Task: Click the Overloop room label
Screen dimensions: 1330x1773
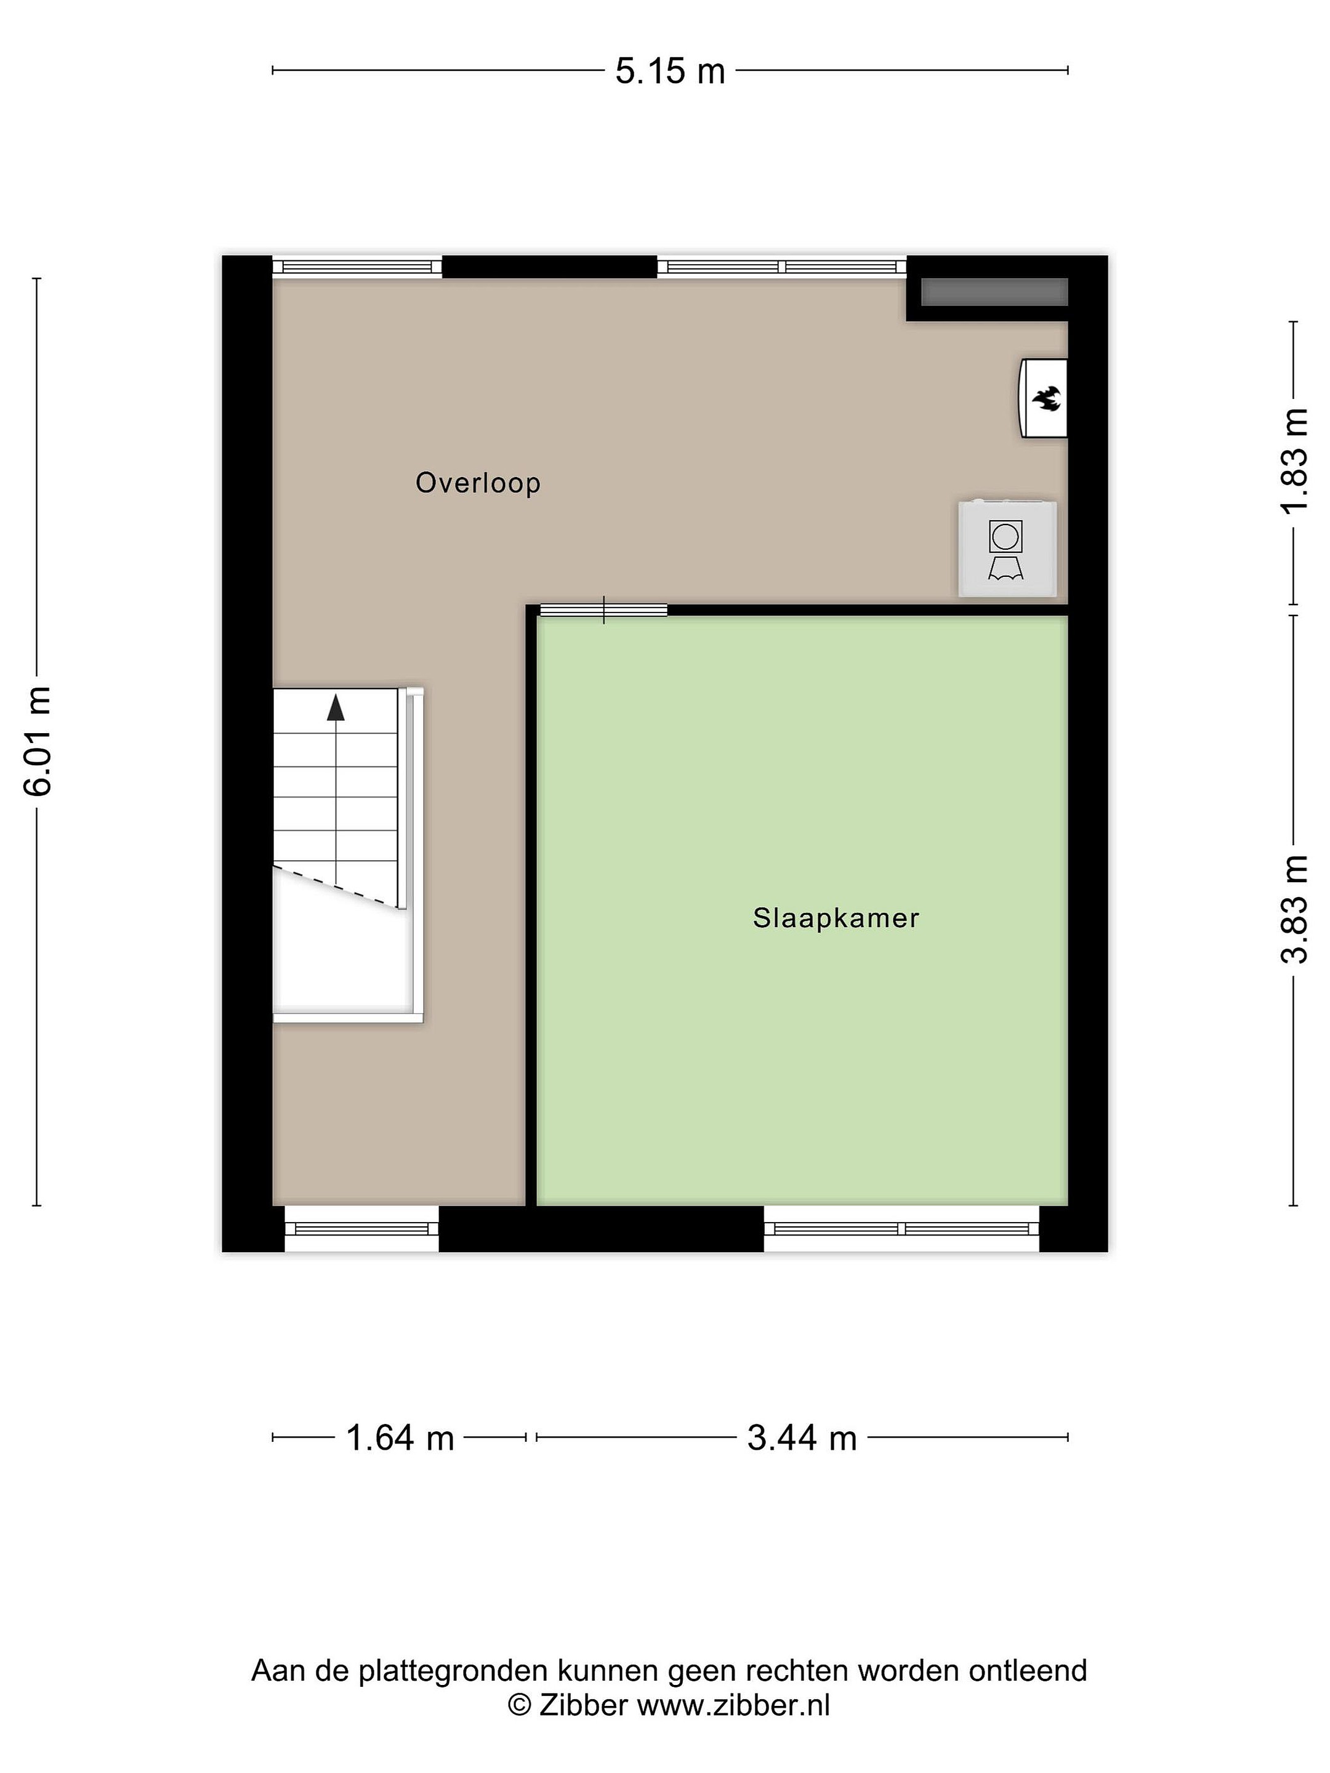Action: point(478,483)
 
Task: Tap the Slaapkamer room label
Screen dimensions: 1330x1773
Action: point(836,918)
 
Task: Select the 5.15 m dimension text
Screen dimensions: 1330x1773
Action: point(670,71)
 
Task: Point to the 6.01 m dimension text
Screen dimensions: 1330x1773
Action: point(38,741)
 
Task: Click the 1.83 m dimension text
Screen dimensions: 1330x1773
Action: point(1294,462)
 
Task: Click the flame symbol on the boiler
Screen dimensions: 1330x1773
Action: point(1046,398)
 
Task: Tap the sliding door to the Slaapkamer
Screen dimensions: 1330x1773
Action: point(603,610)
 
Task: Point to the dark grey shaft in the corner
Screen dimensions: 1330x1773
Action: point(994,292)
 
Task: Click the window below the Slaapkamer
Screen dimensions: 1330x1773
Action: point(902,1229)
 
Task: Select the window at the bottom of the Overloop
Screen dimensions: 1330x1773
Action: point(361,1229)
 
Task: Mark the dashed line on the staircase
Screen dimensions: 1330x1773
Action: point(336,886)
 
